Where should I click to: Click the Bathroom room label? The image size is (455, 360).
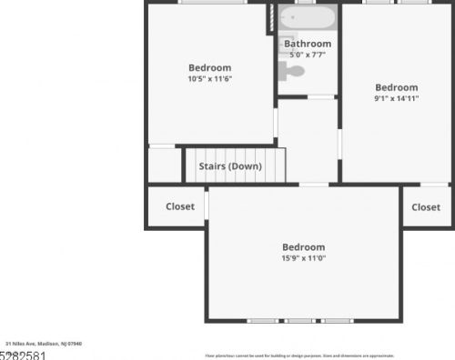308,44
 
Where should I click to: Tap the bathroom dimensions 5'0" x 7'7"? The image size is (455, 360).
308,55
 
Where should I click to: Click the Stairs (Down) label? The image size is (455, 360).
230,166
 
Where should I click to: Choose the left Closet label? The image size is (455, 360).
180,206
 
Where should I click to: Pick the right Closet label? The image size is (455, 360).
426,207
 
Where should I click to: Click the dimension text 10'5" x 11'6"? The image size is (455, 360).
210,78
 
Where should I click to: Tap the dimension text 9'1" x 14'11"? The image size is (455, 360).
397,98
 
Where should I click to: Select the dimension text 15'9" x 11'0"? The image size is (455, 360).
303,258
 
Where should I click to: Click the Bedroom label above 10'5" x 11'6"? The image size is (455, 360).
210,67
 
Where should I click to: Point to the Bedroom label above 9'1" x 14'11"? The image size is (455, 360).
397,87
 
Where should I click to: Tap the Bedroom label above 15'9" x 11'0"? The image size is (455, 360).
303,247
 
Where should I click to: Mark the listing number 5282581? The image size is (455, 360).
22,355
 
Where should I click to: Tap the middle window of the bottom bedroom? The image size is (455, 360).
300,321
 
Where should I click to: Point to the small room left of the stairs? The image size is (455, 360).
164,165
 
